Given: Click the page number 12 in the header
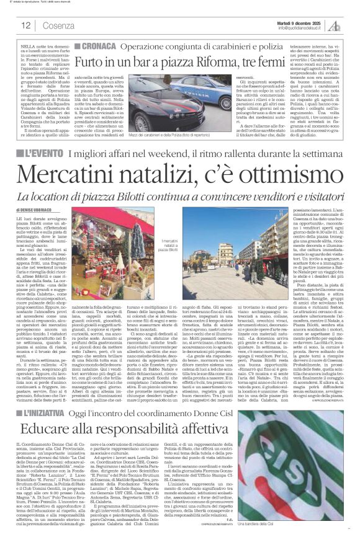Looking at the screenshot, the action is click(x=25, y=25).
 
